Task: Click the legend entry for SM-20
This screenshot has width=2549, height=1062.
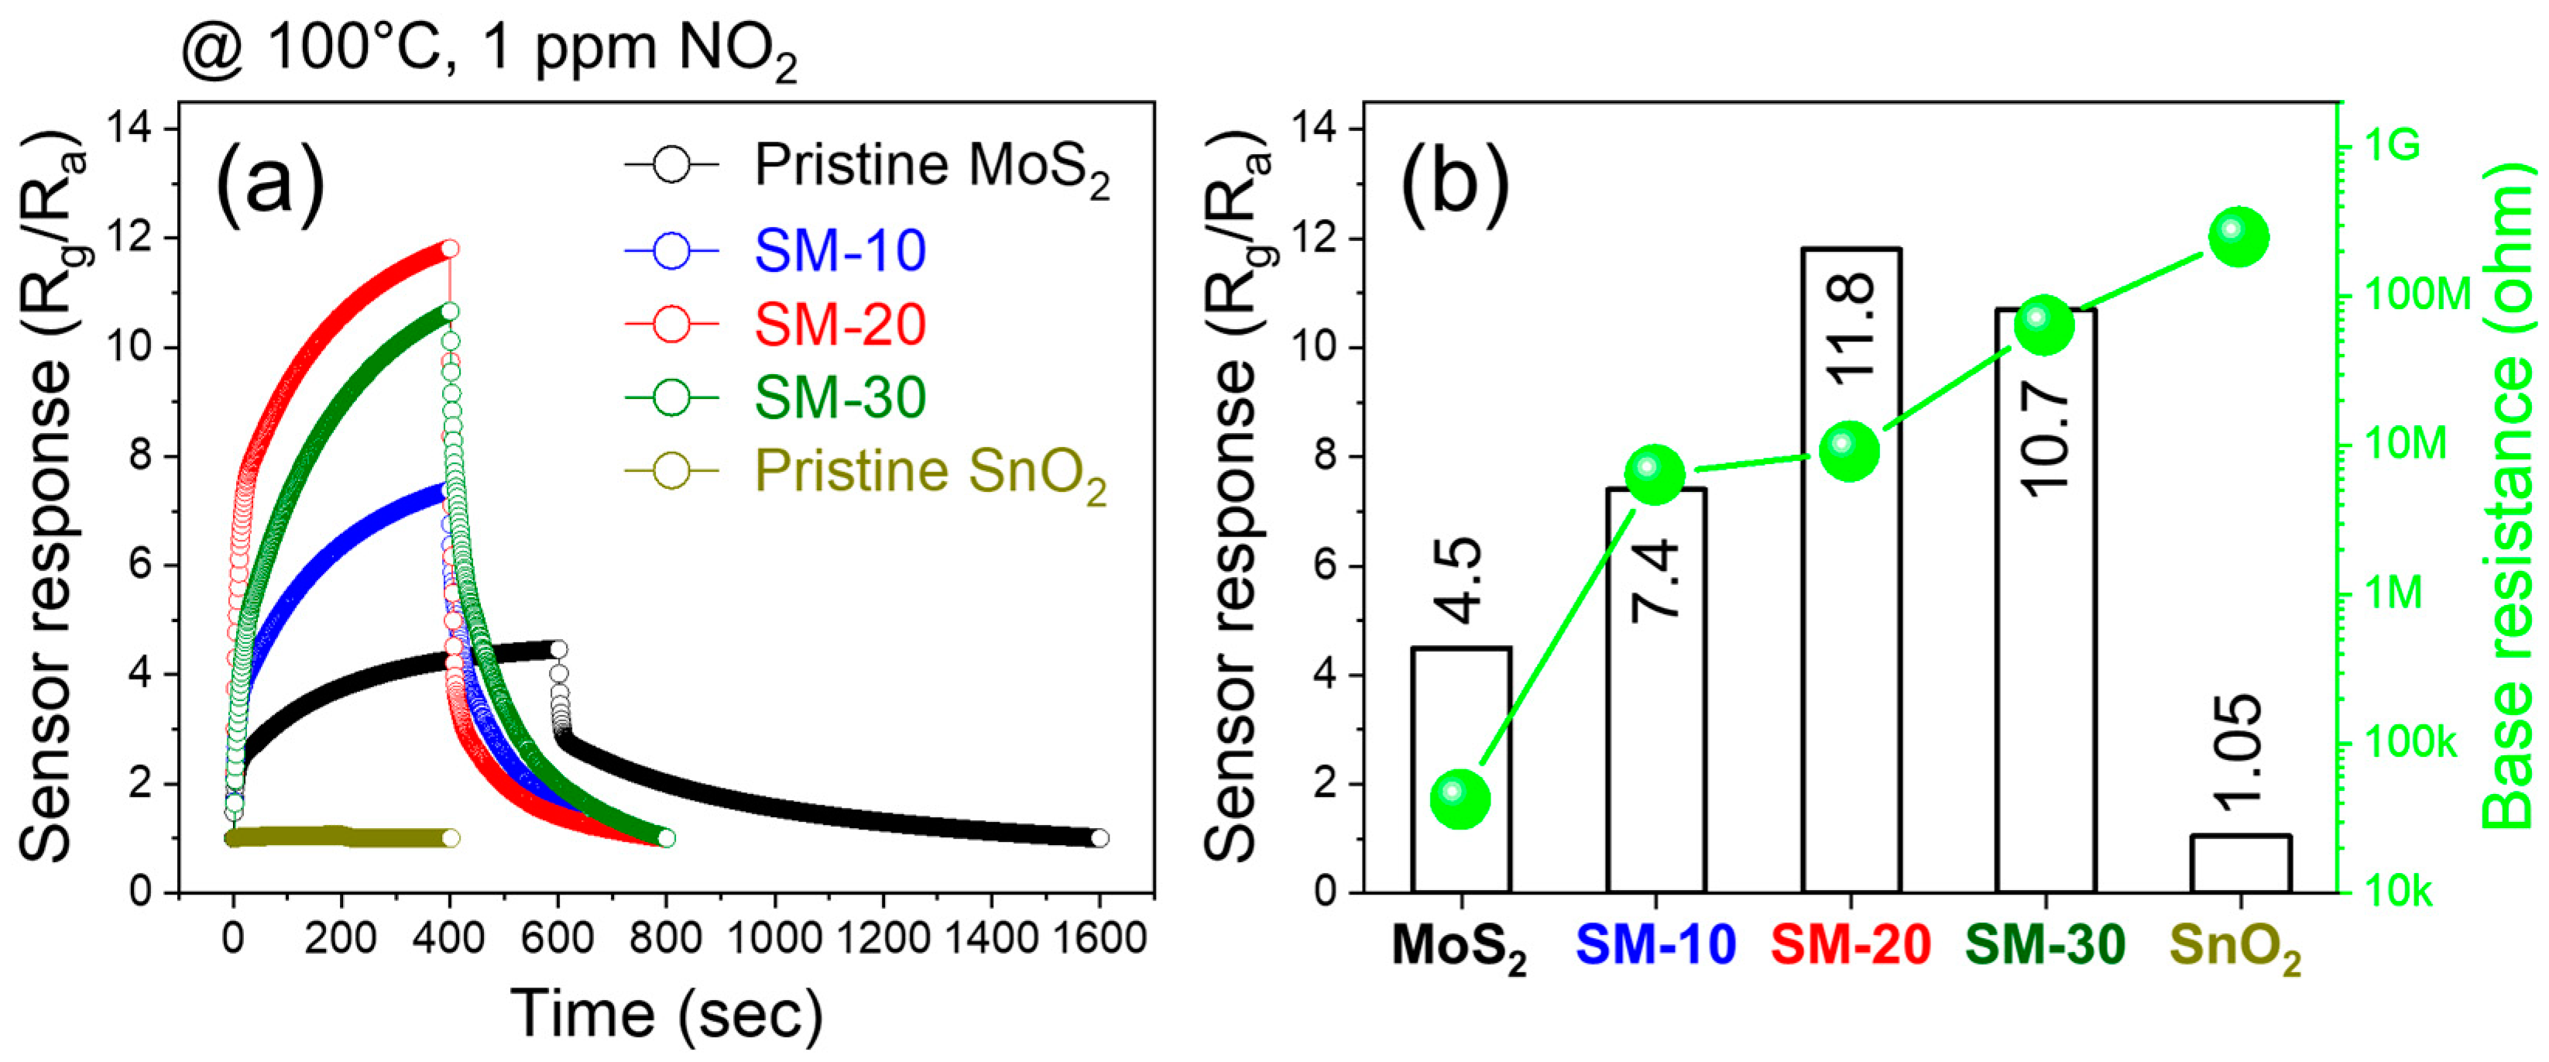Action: click(x=839, y=325)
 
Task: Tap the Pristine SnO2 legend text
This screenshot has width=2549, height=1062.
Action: click(x=930, y=472)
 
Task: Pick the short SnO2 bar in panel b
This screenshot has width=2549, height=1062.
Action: click(x=2239, y=863)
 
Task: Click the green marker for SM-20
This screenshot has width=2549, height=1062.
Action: click(x=1848, y=450)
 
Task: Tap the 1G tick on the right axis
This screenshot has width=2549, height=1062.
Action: click(x=2393, y=146)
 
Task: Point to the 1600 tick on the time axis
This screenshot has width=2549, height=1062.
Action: click(x=1099, y=937)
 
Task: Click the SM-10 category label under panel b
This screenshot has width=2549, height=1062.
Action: click(x=1655, y=944)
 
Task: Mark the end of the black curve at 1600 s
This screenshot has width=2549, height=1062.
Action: click(x=1099, y=837)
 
